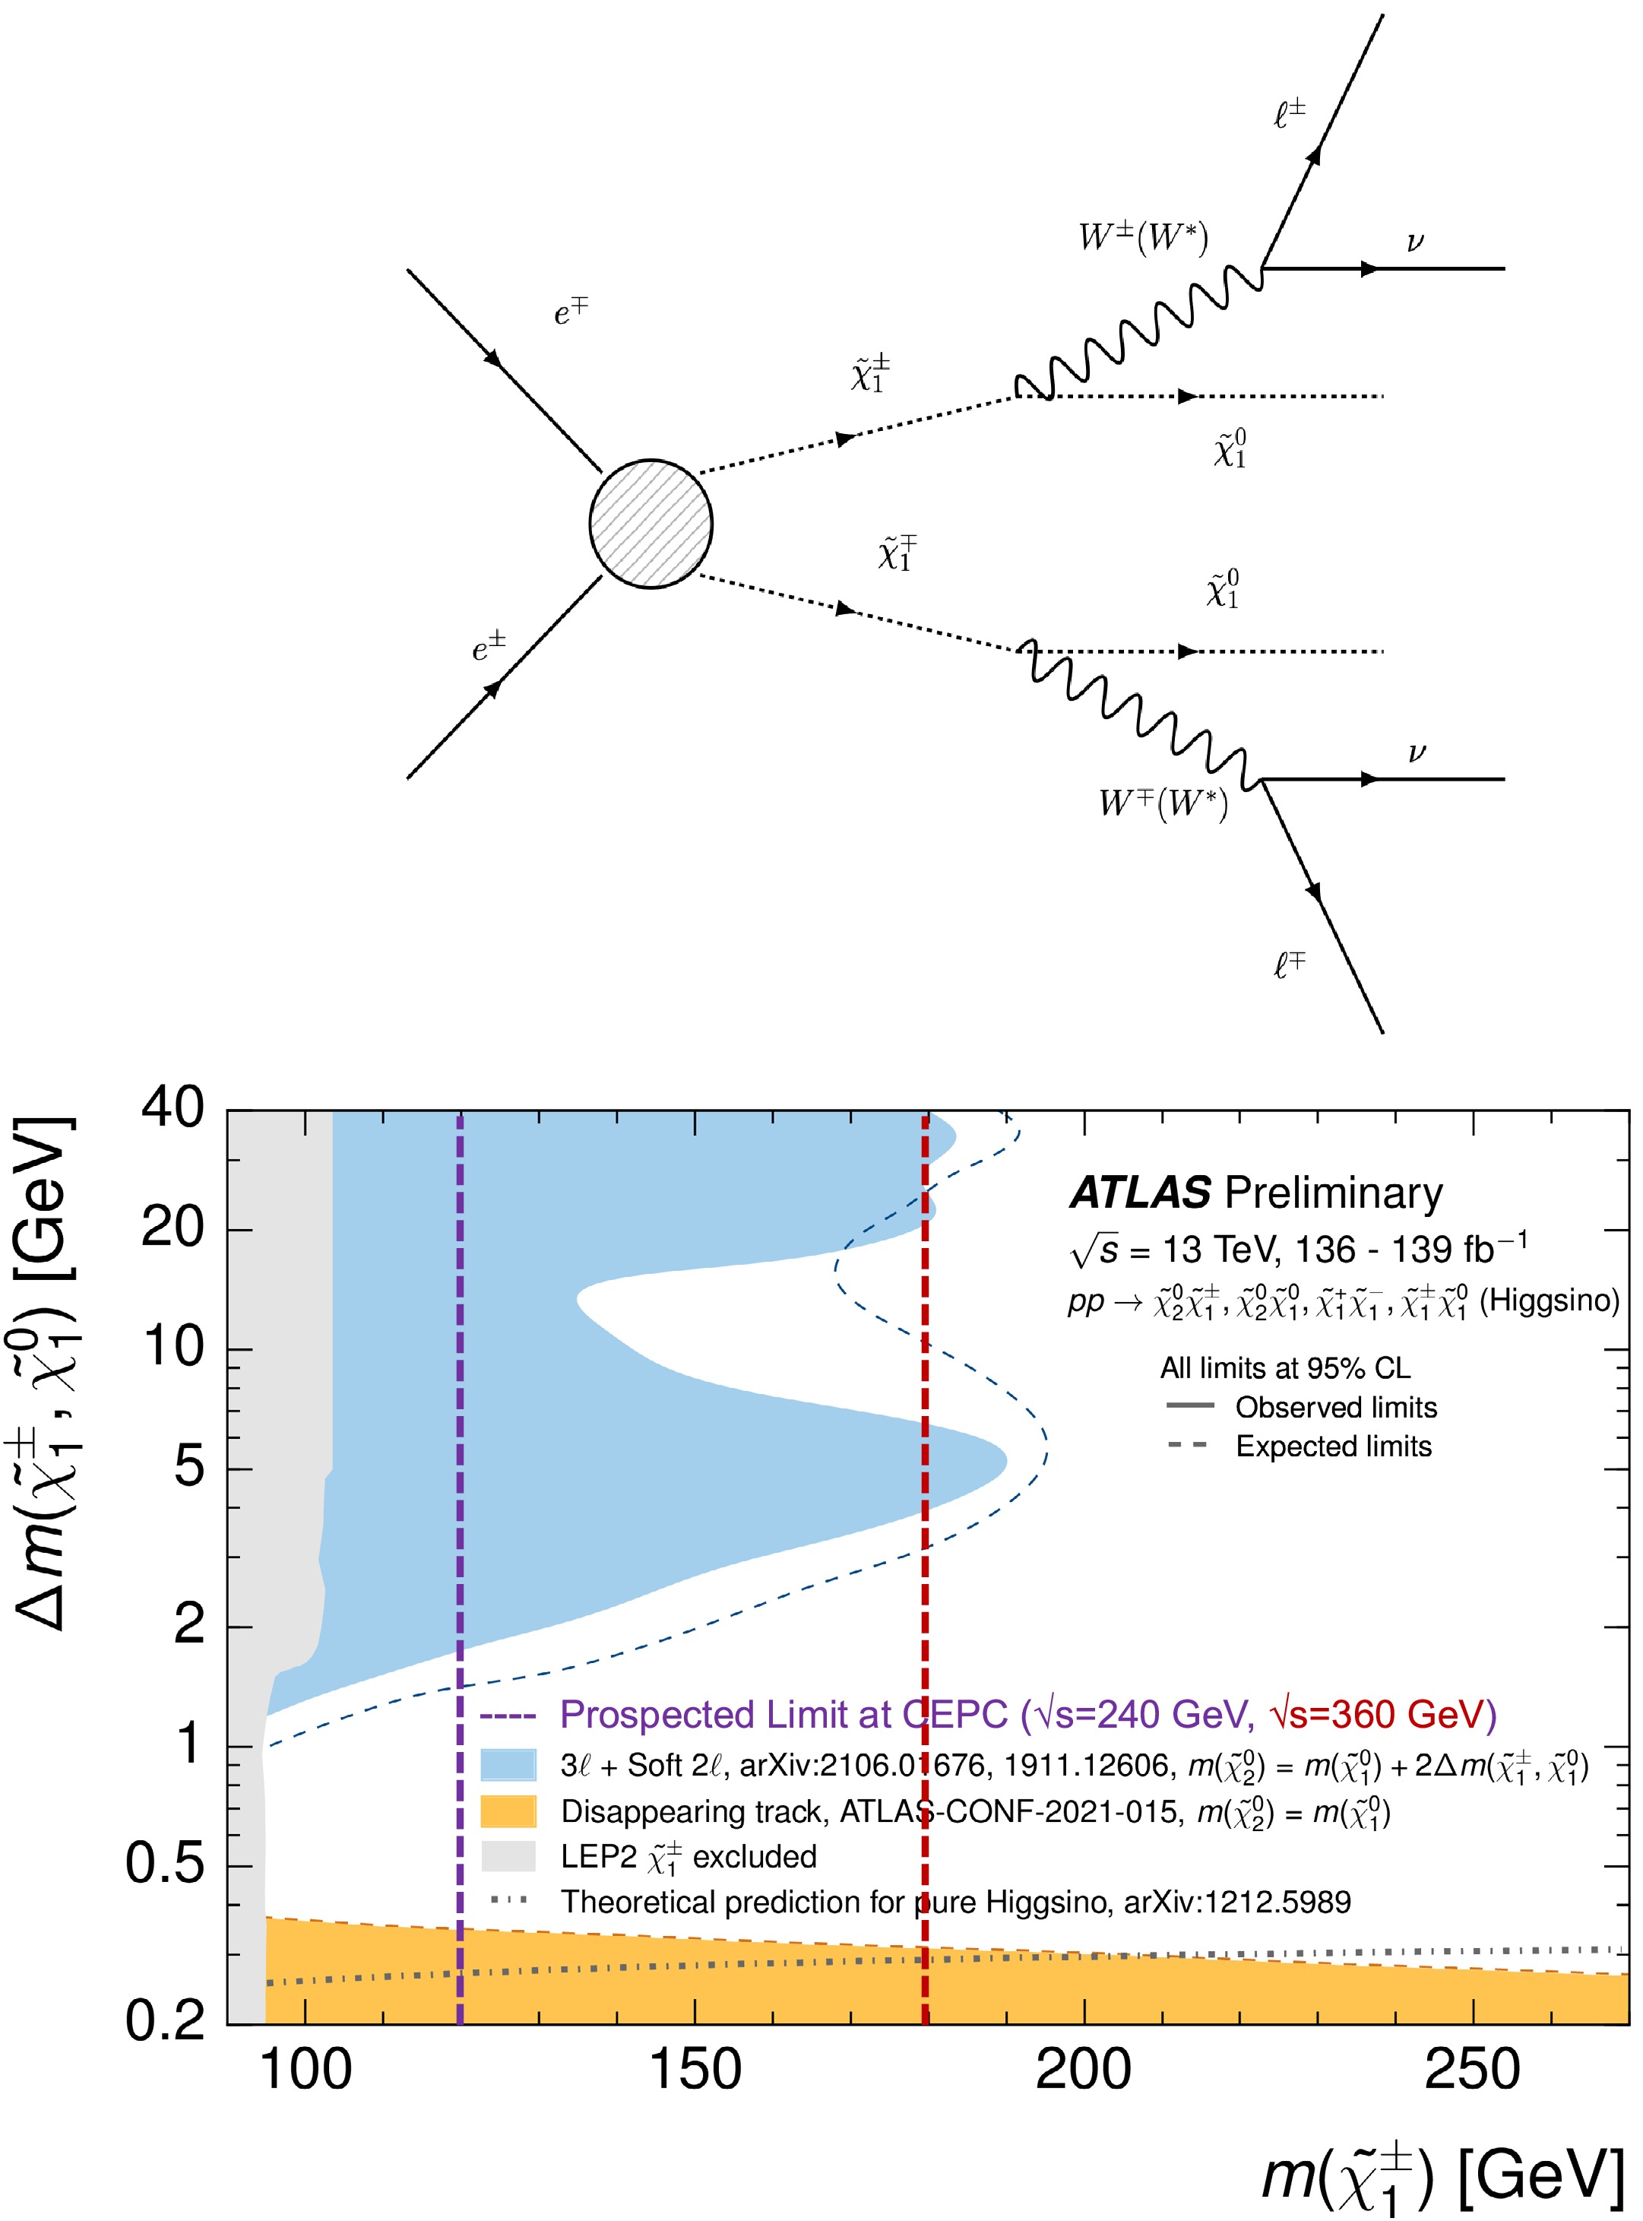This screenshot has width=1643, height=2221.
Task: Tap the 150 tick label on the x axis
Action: coord(694,2070)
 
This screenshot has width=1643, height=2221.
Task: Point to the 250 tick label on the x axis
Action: coord(1472,2070)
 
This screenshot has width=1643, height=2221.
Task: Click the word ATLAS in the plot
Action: coord(1140,1193)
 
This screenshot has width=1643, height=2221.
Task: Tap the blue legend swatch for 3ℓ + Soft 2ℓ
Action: coord(508,1764)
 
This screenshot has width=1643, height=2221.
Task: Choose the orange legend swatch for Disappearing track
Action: coord(508,1811)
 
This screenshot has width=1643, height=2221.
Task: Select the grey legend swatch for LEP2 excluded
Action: coord(508,1856)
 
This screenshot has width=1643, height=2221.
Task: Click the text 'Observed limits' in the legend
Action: coord(1336,1408)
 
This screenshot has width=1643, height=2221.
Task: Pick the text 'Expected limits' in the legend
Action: coord(1333,1446)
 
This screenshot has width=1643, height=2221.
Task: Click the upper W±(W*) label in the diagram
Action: coord(1143,238)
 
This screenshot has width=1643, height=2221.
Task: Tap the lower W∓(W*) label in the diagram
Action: coord(1163,802)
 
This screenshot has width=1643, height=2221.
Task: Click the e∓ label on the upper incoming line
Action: coord(571,312)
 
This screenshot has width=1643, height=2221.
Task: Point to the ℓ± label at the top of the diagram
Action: coord(1289,114)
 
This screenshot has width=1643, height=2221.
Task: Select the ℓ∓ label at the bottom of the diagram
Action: coord(1289,964)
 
